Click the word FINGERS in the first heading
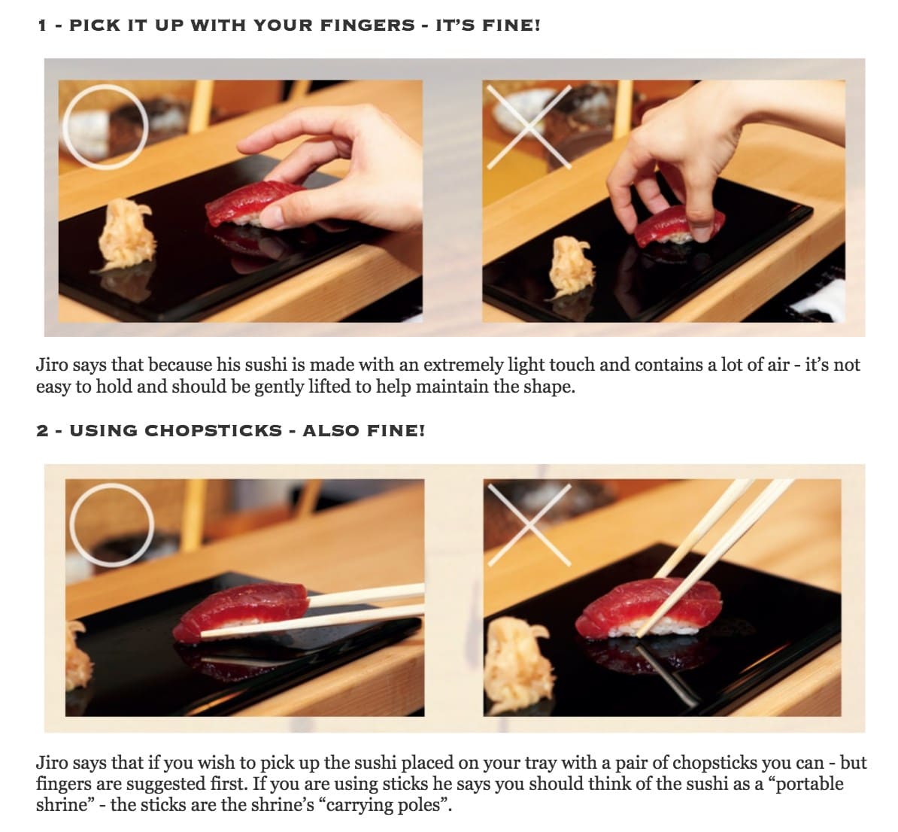coord(367,26)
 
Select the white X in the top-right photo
coord(529,127)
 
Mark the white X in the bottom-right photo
coord(529,525)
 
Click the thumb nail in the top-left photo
coord(272,217)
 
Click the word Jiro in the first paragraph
coord(53,365)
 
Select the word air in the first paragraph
coord(778,365)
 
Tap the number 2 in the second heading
coord(42,430)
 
